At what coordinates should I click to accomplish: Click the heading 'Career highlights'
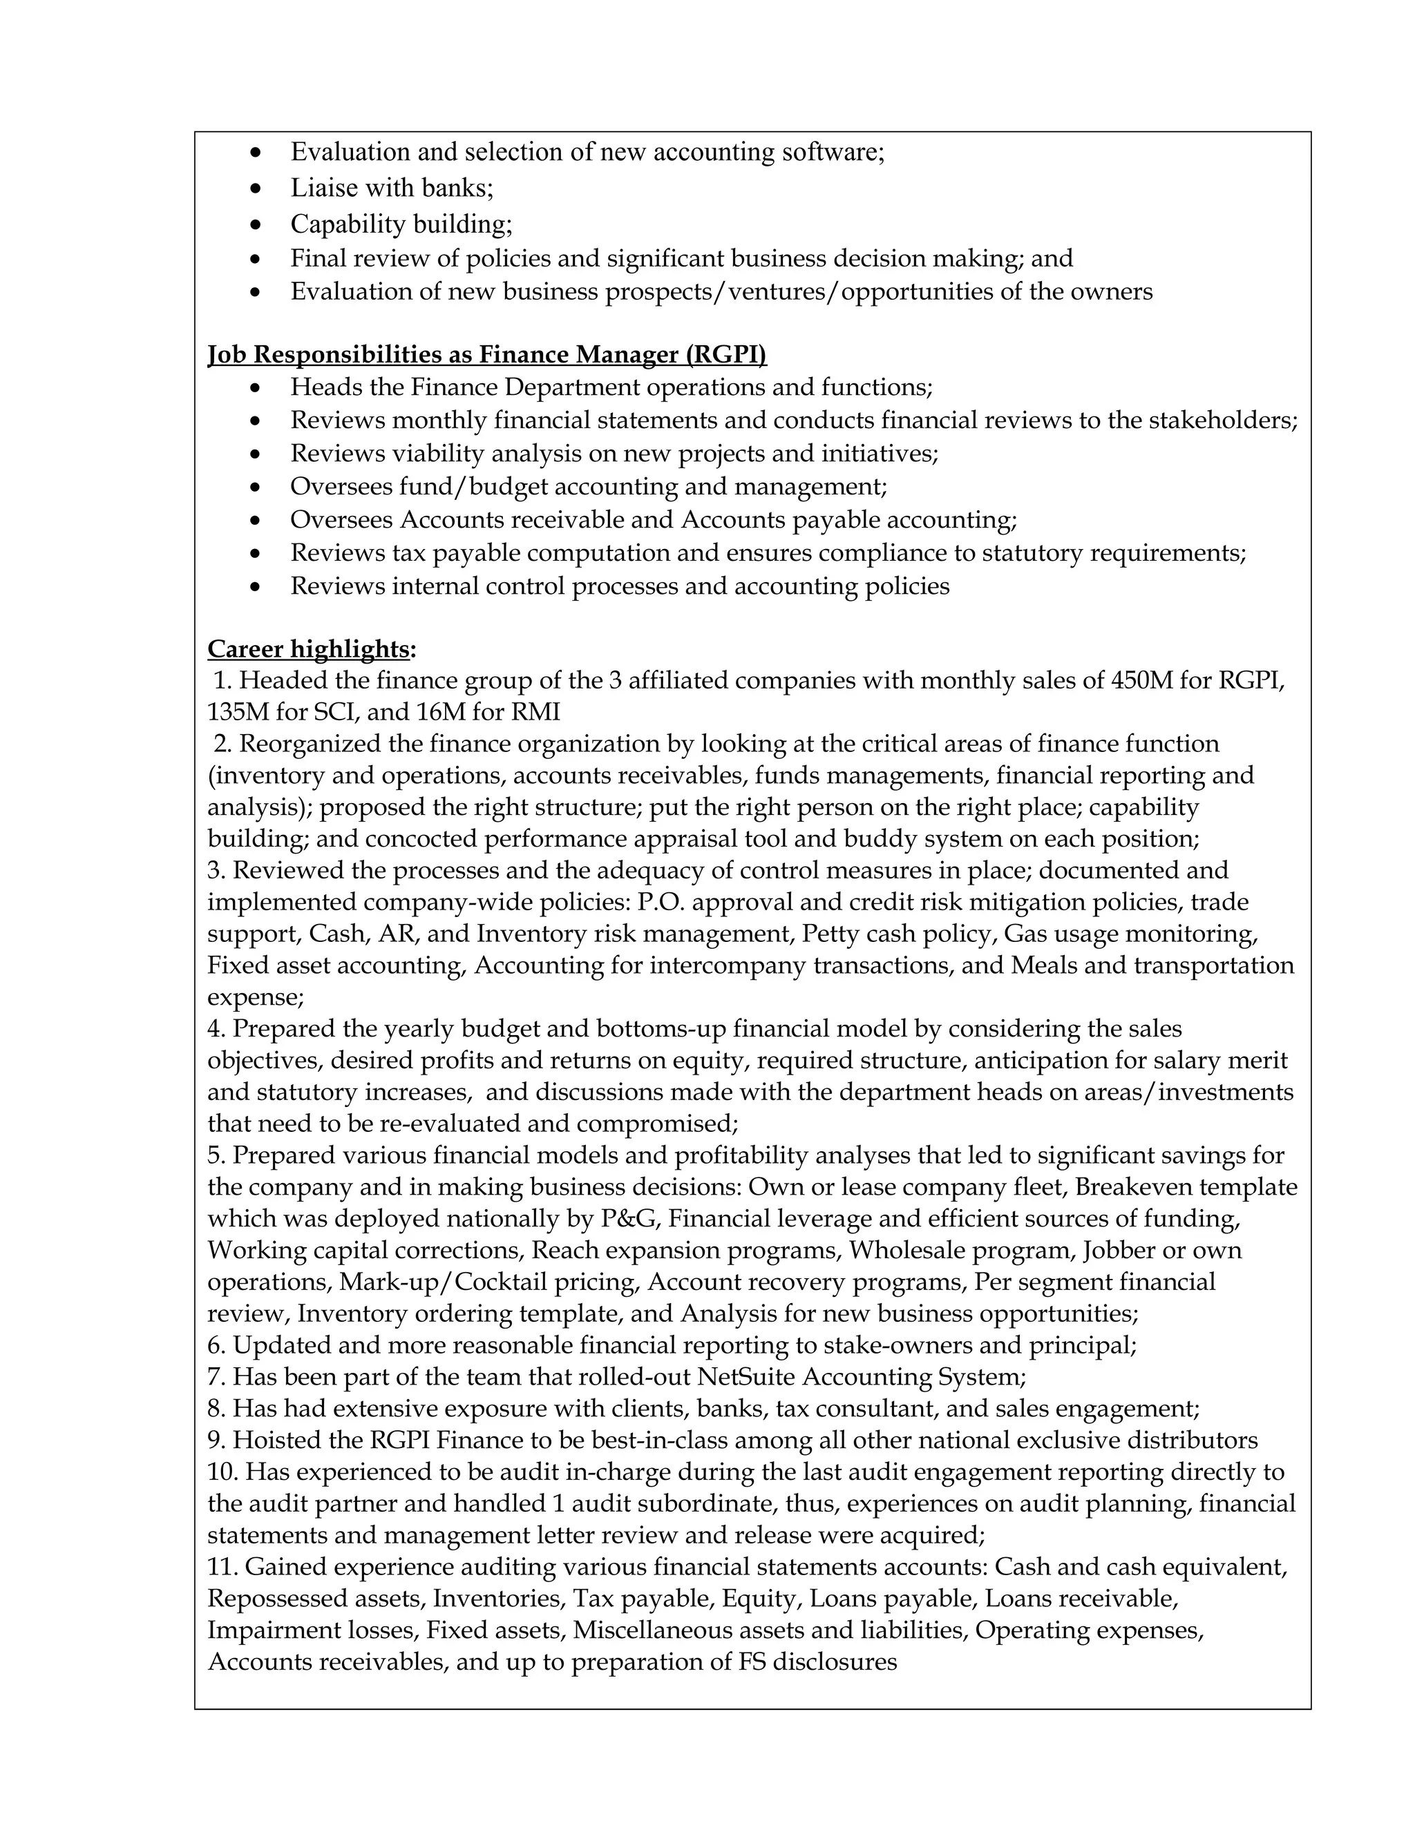pyautogui.click(x=307, y=648)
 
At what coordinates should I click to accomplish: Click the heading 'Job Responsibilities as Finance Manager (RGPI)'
pyautogui.click(x=487, y=354)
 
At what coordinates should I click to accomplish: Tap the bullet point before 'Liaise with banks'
pyautogui.click(x=257, y=189)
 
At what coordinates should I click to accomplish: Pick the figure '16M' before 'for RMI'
pyautogui.click(x=436, y=712)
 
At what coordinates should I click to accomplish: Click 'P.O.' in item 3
pyautogui.click(x=661, y=902)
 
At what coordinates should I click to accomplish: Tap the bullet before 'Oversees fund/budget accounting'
pyautogui.click(x=257, y=488)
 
